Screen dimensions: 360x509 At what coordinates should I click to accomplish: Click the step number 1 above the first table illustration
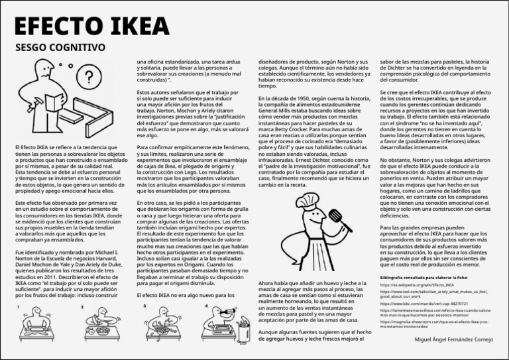[18, 307]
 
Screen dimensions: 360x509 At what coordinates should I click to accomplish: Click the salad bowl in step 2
[102, 330]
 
